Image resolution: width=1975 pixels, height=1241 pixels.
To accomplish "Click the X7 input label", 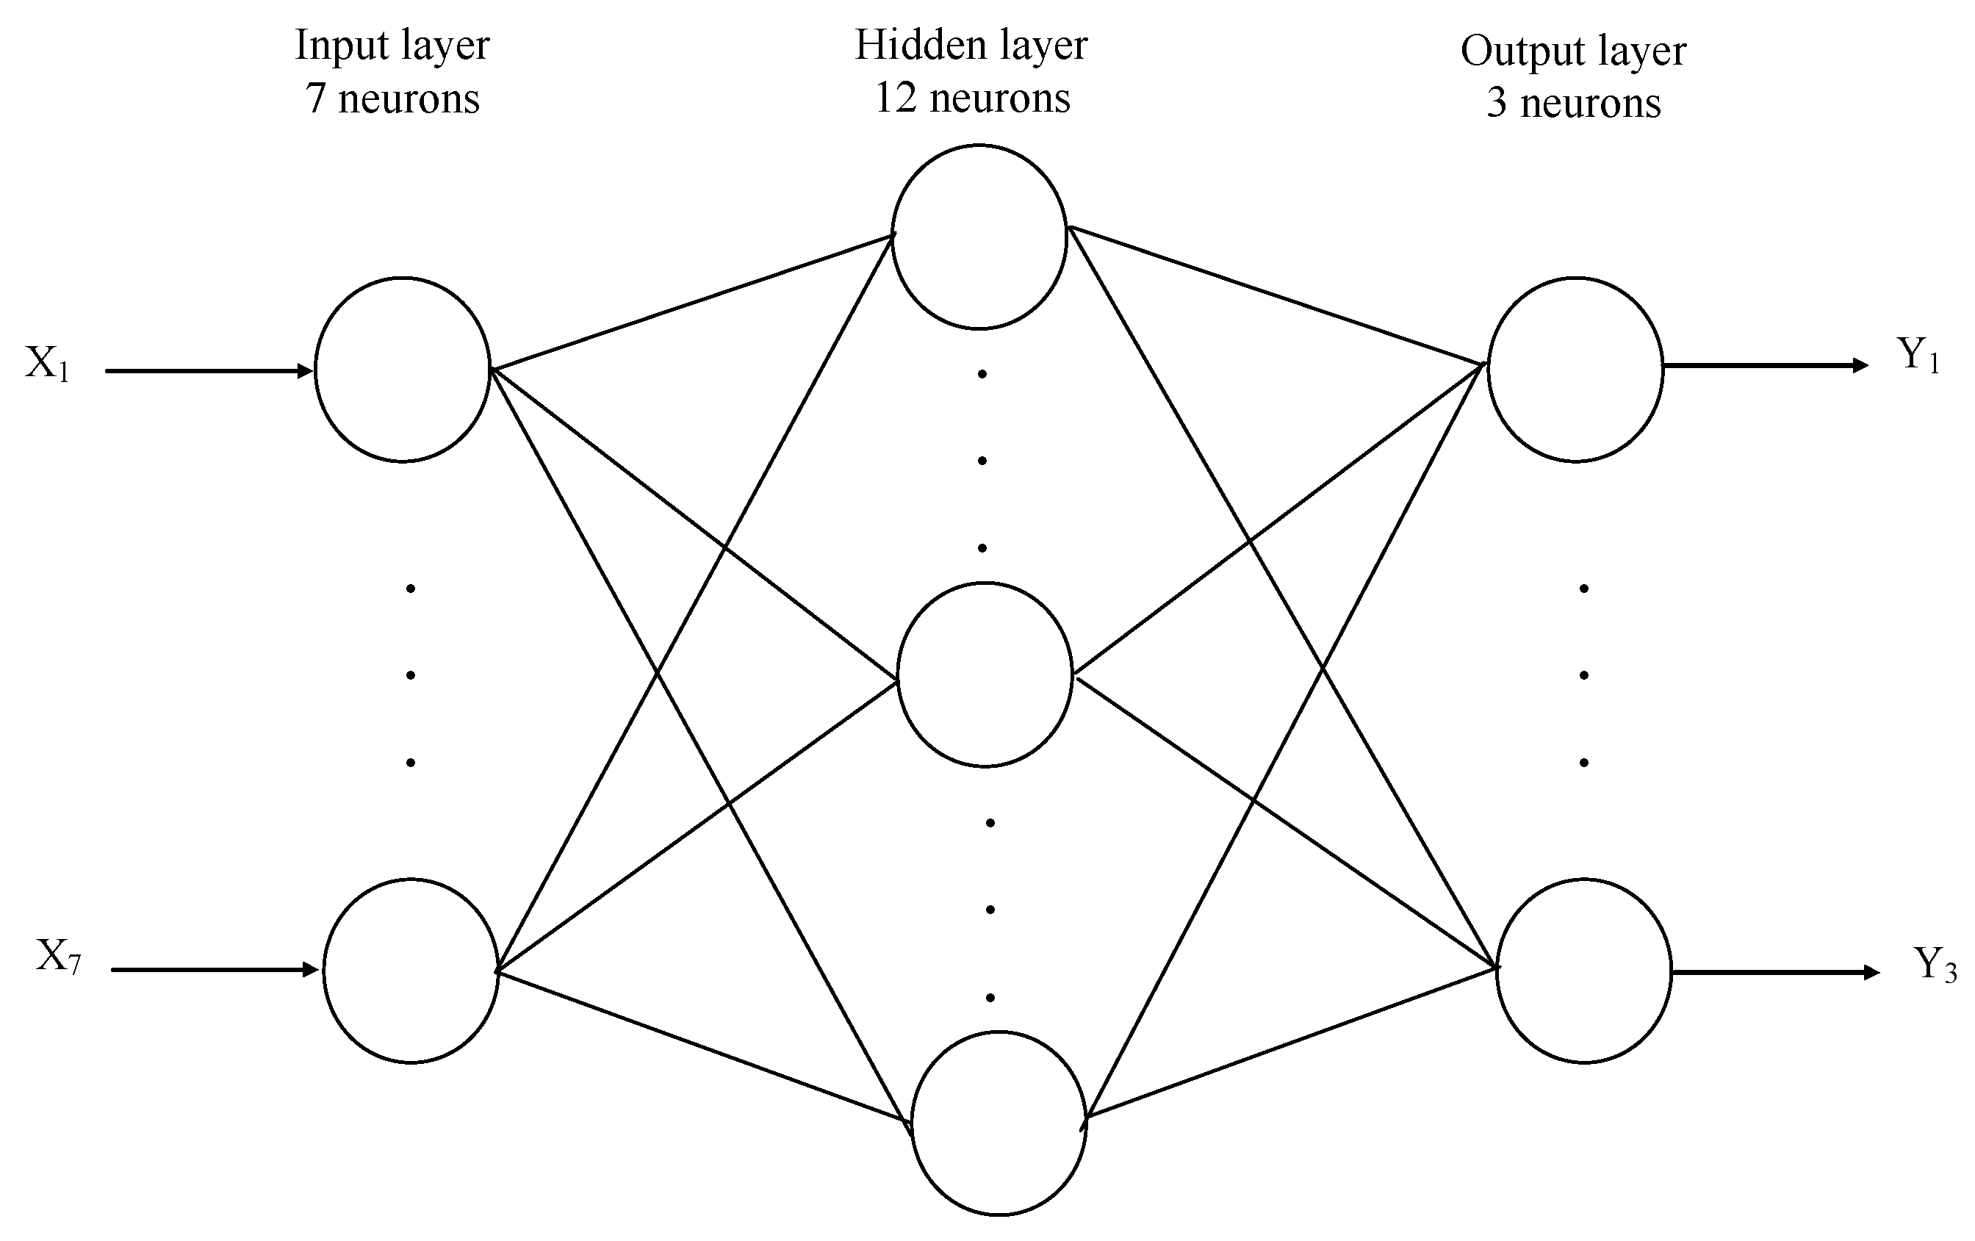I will point(58,957).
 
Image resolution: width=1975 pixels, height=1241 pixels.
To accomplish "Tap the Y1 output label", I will point(1918,356).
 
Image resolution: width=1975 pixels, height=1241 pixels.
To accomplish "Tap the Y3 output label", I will point(1935,965).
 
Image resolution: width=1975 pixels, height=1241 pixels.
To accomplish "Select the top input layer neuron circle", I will point(402,370).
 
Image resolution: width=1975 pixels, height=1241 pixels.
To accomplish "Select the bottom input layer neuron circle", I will point(411,971).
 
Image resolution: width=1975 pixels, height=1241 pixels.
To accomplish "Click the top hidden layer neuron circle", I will point(979,237).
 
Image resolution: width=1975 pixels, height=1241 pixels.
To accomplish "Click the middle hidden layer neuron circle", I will point(985,675).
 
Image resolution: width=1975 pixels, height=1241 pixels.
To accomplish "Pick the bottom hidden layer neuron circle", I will point(999,1123).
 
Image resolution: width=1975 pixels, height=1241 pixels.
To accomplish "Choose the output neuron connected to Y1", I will point(1575,369).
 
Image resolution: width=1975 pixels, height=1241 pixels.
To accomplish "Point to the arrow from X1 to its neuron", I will point(209,372).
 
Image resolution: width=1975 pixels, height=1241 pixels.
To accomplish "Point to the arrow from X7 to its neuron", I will point(215,971).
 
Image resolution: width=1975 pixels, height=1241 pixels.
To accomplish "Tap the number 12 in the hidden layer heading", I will point(895,98).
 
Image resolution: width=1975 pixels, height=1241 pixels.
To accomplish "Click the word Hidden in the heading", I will point(907,45).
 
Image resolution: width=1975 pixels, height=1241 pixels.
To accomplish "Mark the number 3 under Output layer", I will point(1497,104).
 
